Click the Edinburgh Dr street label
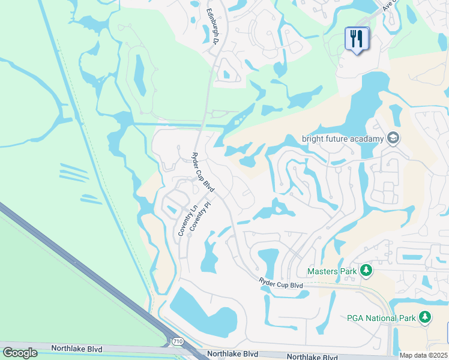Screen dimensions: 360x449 click(x=212, y=27)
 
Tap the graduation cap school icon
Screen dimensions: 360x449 click(x=393, y=139)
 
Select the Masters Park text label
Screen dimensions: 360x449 click(x=332, y=271)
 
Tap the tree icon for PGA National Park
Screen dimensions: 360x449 click(x=425, y=316)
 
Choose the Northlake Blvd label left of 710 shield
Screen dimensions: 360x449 click(x=76, y=349)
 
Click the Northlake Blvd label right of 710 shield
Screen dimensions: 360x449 click(x=233, y=355)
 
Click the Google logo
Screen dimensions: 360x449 click(x=20, y=352)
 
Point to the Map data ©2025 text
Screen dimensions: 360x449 click(x=424, y=355)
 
